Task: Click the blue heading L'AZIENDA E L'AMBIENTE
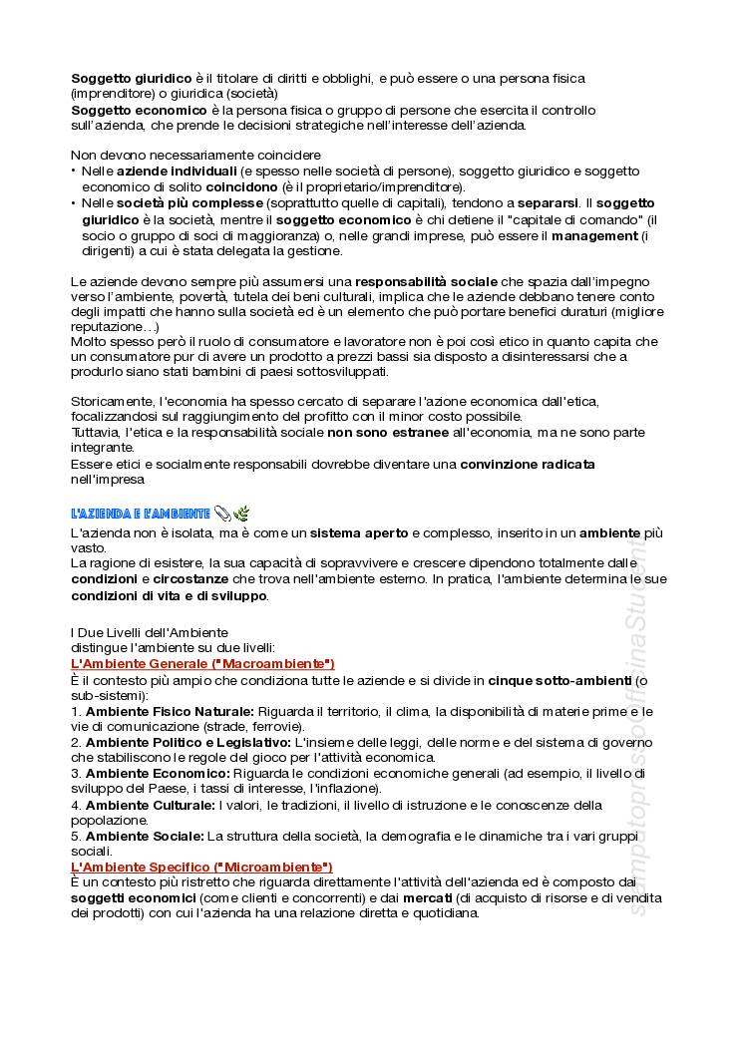[x=140, y=514]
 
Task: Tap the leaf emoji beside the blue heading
[x=241, y=514]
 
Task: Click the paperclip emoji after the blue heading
[x=222, y=514]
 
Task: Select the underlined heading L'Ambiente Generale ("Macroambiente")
[x=202, y=664]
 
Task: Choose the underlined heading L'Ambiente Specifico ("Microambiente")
[x=201, y=868]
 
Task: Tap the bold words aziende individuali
[x=165, y=172]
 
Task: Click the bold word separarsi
[x=545, y=203]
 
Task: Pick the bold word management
[x=593, y=235]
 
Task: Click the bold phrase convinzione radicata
[x=528, y=465]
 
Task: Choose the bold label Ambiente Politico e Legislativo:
[x=187, y=743]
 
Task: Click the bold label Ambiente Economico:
[x=158, y=774]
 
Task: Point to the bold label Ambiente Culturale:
[x=150, y=805]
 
